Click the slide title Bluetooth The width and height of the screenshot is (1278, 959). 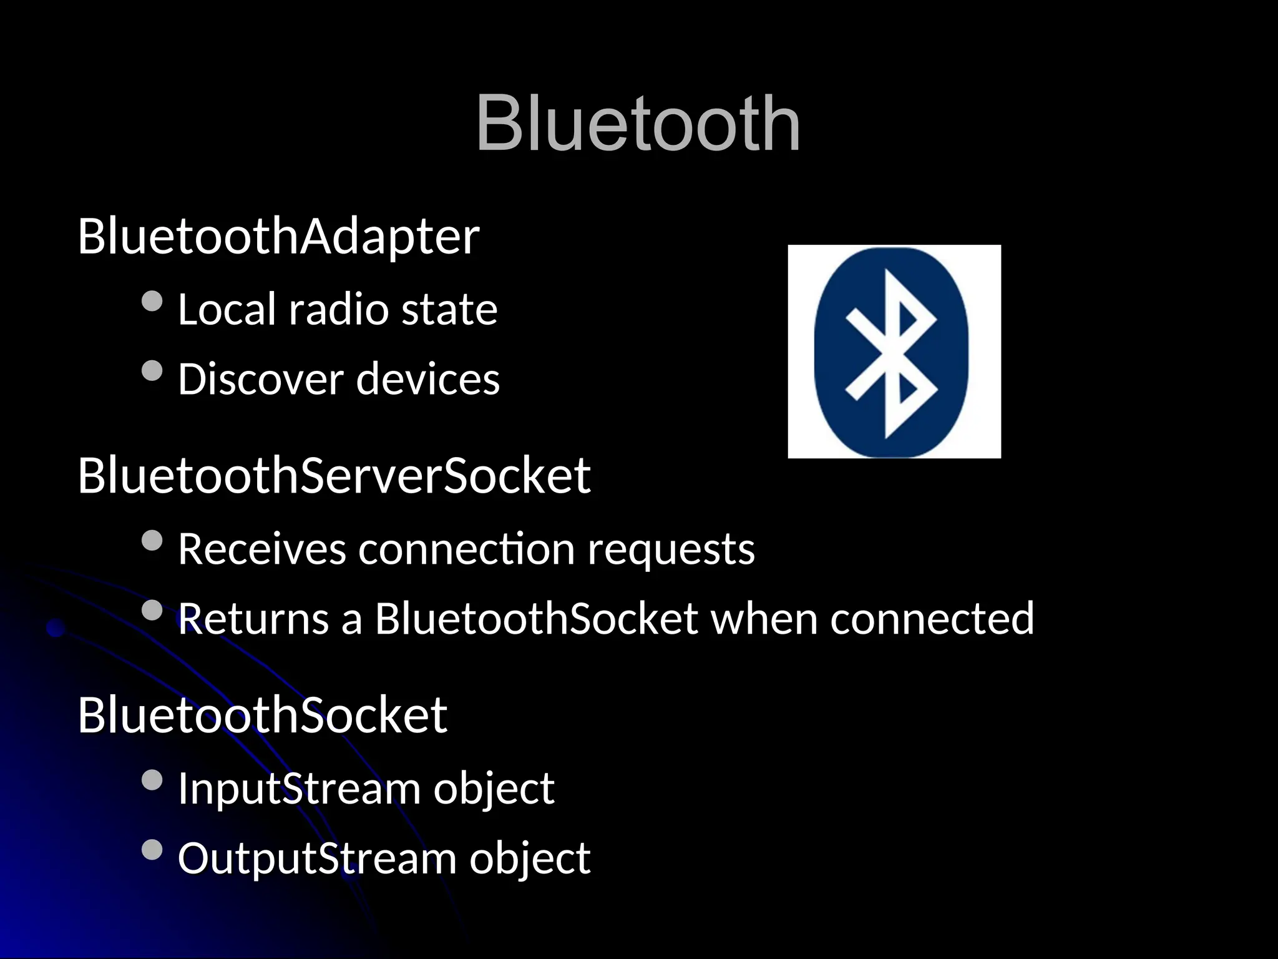click(x=638, y=123)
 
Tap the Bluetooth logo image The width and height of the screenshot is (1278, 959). click(x=894, y=352)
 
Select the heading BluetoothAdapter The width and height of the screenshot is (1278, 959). click(x=278, y=237)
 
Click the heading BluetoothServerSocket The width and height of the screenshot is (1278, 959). click(x=334, y=476)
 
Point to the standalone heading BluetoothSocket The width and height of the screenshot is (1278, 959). click(x=262, y=716)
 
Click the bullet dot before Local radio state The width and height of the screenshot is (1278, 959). click(x=152, y=302)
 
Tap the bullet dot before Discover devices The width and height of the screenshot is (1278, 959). click(x=152, y=371)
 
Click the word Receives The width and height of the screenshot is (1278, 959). click(x=261, y=549)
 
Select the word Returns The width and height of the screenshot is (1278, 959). click(x=253, y=619)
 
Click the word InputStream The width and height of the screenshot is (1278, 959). click(x=299, y=789)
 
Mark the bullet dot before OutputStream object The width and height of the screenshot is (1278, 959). click(x=152, y=850)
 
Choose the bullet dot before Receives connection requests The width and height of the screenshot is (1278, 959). click(x=152, y=541)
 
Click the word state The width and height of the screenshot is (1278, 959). click(x=449, y=310)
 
